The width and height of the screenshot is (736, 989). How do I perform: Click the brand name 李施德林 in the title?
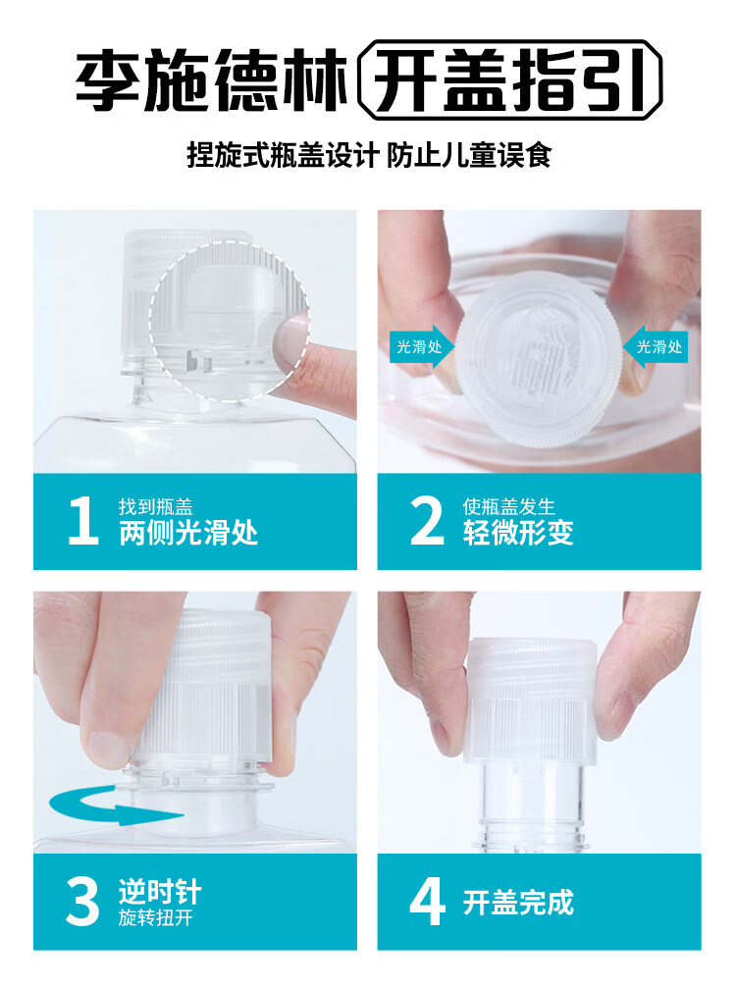212,80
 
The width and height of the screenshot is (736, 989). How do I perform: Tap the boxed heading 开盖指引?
510,80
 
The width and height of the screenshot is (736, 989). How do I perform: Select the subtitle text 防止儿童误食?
469,155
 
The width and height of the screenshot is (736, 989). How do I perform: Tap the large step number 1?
83,520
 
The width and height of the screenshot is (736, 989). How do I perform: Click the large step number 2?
427,520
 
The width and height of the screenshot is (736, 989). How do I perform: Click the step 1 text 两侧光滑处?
188,533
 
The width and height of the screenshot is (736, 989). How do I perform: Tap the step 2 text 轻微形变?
518,533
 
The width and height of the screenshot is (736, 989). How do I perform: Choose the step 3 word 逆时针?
160,892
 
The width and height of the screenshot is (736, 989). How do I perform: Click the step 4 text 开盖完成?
518,903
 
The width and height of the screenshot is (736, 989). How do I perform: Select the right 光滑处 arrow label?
656,346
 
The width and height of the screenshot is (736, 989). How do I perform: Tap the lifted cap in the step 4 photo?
531,702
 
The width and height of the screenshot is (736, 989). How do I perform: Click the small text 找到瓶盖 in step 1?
156,506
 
